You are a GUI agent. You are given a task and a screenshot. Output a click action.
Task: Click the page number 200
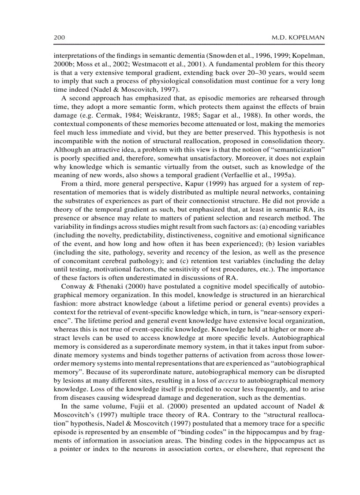click(60, 38)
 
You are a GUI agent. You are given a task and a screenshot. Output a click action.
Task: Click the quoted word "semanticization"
click(296, 151)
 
